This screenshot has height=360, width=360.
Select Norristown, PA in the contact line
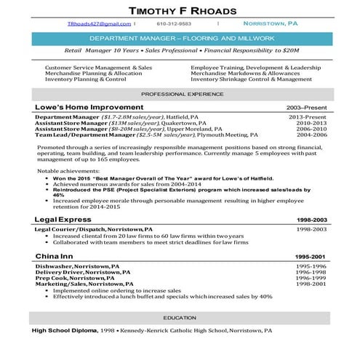pos(270,23)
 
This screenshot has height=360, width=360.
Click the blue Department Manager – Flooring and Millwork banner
pos(180,38)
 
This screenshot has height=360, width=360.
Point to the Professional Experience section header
pos(180,95)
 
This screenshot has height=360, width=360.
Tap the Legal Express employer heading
pos(63,219)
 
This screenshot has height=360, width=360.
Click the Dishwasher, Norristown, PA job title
pos(76,266)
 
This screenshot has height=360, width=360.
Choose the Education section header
pos(180,318)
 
